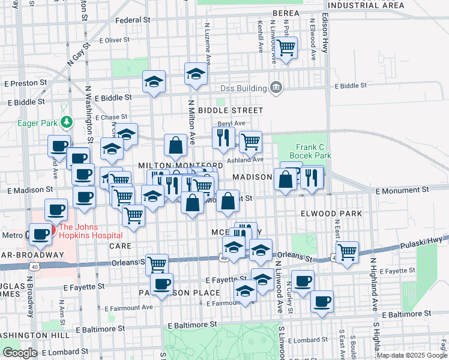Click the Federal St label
click(132, 20)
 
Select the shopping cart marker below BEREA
click(286, 47)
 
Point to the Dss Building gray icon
click(276, 88)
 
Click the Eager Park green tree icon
click(67, 123)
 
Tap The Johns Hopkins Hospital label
click(90, 227)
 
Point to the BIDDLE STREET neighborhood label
click(231, 110)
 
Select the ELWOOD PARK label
click(331, 214)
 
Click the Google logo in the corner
click(19, 352)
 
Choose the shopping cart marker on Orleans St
click(157, 263)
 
